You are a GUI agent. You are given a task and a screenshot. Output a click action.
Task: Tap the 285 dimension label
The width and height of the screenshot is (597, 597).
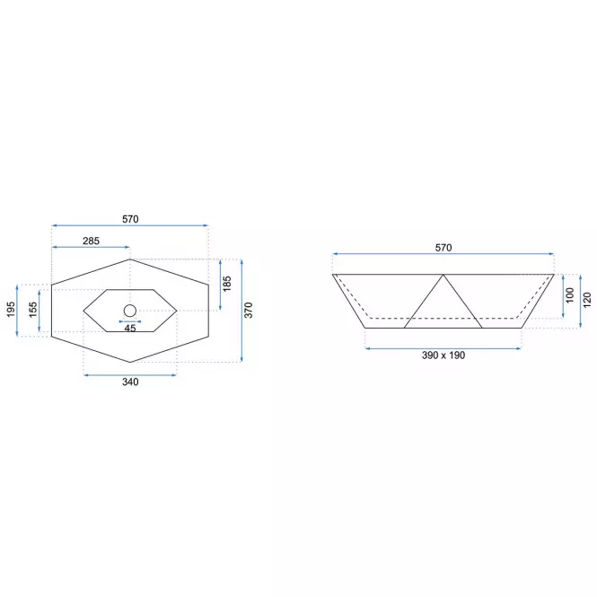pyautogui.click(x=91, y=241)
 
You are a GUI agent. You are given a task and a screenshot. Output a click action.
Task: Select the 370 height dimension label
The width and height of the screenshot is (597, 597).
pyautogui.click(x=248, y=311)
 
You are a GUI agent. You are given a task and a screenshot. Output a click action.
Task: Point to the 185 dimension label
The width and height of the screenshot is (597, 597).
pyautogui.click(x=226, y=284)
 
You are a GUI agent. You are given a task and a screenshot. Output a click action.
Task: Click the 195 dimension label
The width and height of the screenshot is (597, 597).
pyautogui.click(x=11, y=309)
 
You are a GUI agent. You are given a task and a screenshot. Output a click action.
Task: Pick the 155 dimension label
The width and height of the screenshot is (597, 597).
pyautogui.click(x=33, y=310)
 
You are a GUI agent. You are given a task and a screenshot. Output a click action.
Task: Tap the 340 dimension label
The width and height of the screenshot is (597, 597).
pyautogui.click(x=130, y=382)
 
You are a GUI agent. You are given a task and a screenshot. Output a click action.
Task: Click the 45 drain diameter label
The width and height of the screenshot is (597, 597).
pyautogui.click(x=130, y=329)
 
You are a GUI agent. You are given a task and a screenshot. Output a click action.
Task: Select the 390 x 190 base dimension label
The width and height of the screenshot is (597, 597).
pyautogui.click(x=443, y=356)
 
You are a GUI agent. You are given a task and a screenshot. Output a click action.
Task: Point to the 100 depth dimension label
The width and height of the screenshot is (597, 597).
pyautogui.click(x=569, y=295)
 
